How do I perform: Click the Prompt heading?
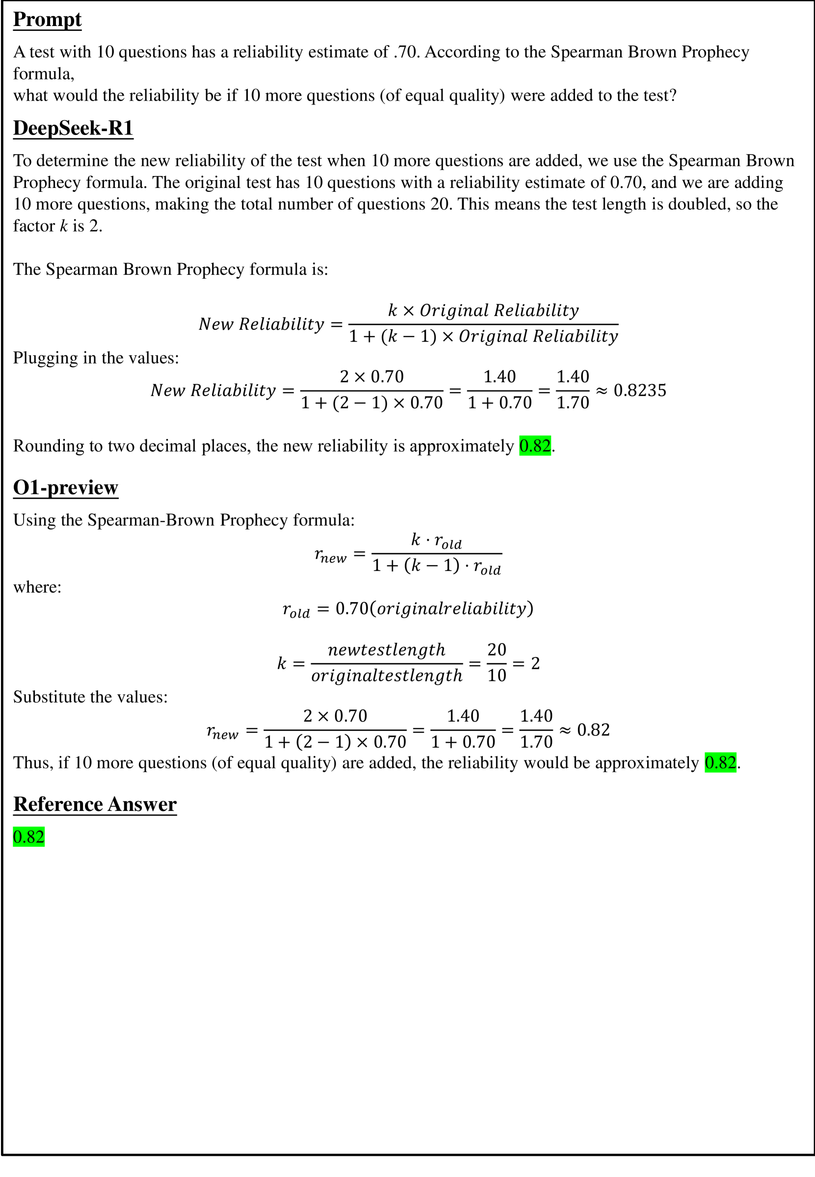(x=47, y=20)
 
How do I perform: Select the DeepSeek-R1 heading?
(x=73, y=128)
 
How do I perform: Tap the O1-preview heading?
(x=65, y=488)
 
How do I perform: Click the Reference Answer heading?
(x=95, y=804)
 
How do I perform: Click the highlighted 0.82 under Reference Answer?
(x=28, y=837)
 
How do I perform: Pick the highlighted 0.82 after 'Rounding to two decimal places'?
(x=535, y=446)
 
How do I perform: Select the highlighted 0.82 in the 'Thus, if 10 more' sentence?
(x=720, y=762)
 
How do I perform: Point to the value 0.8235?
(x=639, y=390)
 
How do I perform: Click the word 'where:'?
(x=37, y=587)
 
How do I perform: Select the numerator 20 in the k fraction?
(x=497, y=650)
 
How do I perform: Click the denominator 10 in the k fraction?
(x=497, y=676)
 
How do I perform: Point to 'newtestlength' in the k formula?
(x=386, y=650)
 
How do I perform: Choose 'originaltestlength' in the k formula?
(x=387, y=676)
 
